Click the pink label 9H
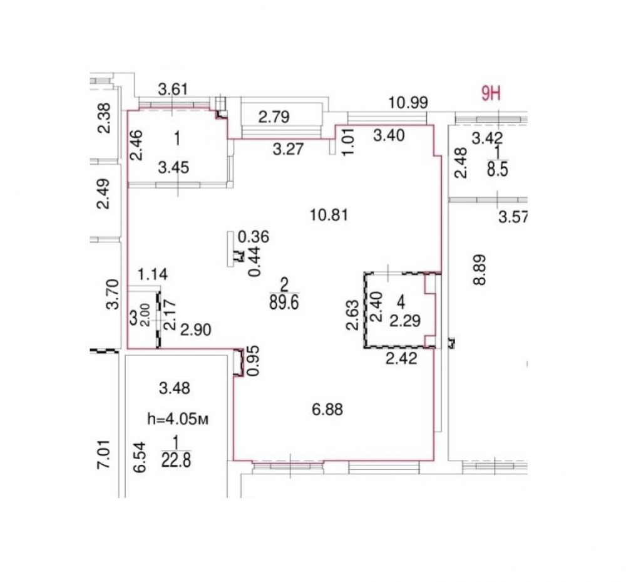(491, 94)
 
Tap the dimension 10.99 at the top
(408, 103)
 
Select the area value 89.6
(284, 303)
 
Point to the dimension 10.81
(329, 216)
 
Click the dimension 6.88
(327, 410)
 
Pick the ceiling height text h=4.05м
(178, 419)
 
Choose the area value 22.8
(176, 460)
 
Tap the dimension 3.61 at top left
(173, 89)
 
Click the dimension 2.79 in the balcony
(274, 117)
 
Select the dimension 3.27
(289, 149)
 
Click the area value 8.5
(498, 169)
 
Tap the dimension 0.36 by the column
(254, 237)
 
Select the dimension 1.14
(153, 274)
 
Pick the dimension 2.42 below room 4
(401, 358)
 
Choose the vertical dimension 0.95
(254, 361)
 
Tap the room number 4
(402, 303)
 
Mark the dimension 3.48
(175, 388)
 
